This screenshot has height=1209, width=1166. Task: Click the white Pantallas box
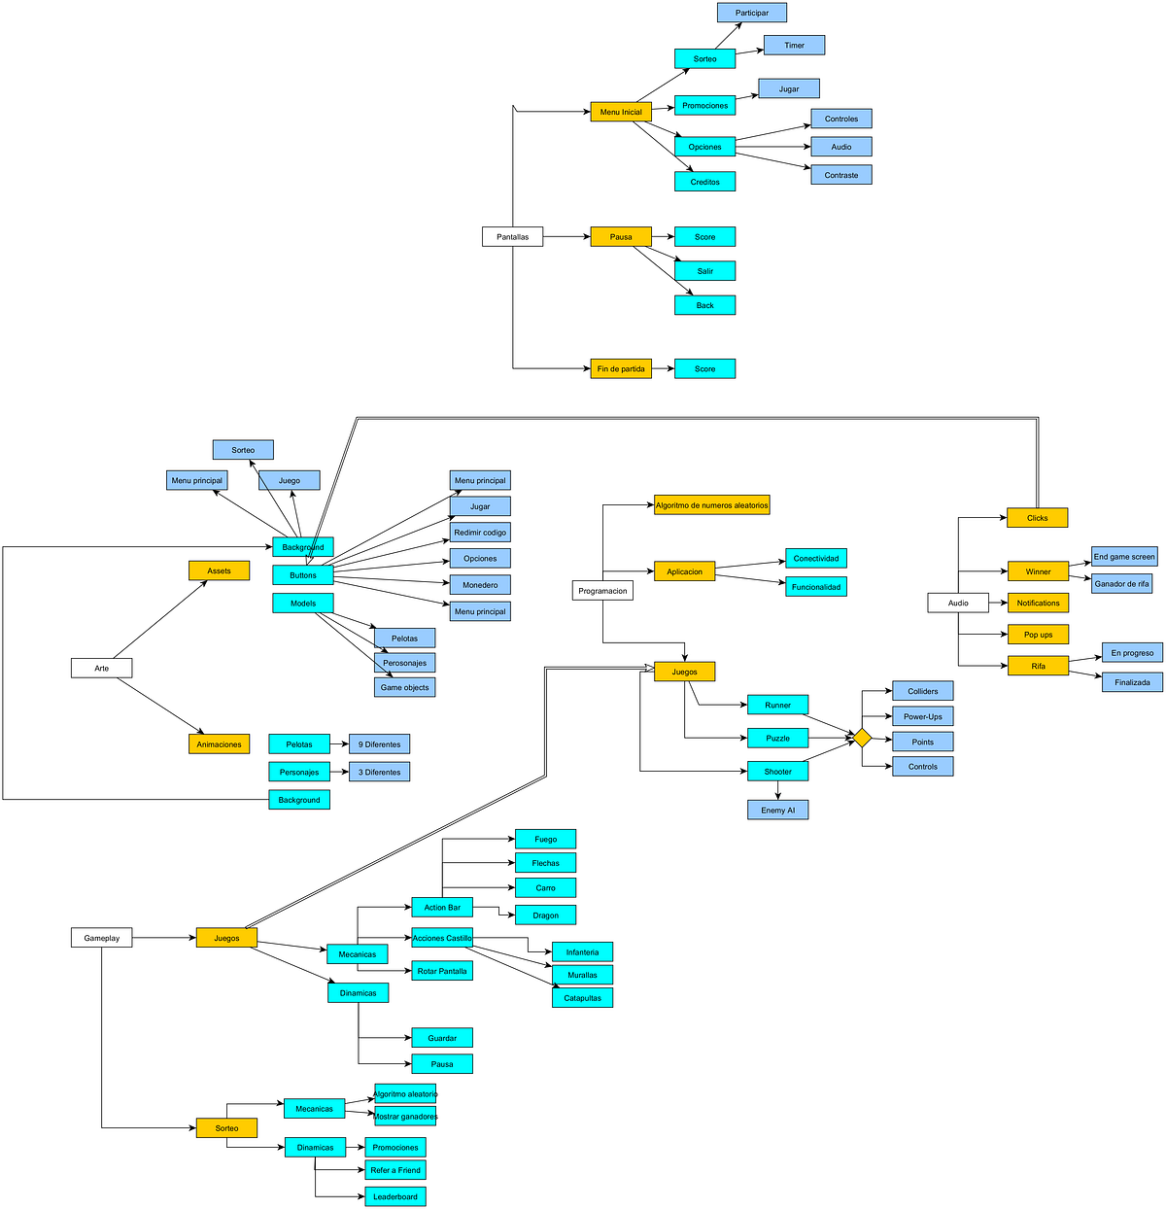point(512,236)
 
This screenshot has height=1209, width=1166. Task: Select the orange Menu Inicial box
point(620,112)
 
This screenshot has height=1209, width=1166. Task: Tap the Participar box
point(751,13)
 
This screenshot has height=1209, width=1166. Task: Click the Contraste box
point(840,175)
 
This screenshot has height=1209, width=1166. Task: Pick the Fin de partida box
point(620,368)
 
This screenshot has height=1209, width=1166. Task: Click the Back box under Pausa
point(704,305)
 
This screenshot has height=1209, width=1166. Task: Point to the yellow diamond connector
point(862,738)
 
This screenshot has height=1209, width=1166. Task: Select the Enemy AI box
point(777,810)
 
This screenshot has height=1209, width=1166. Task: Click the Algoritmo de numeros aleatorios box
point(711,505)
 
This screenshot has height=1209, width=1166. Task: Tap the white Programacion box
point(602,590)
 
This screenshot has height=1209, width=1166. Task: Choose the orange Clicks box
point(1037,518)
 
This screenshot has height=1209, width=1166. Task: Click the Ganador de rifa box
point(1121,583)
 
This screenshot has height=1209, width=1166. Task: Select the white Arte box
point(101,668)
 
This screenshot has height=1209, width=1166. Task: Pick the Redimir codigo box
point(480,533)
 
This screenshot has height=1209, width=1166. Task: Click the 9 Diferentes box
point(379,744)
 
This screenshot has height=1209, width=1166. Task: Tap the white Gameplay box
point(101,938)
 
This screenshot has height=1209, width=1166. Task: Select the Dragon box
point(545,915)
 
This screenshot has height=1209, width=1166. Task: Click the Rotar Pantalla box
point(441,971)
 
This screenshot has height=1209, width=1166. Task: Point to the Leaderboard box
point(395,1196)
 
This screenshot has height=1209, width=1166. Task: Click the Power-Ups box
point(922,716)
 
